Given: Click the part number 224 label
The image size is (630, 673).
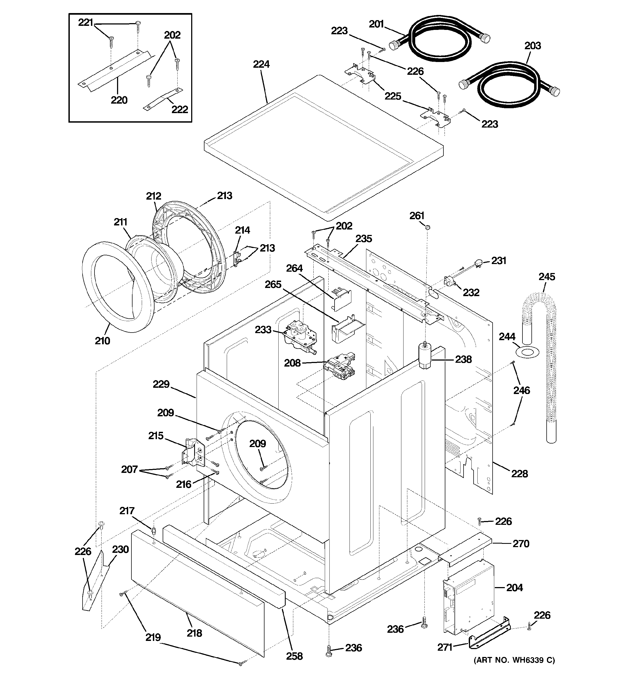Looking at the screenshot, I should (261, 64).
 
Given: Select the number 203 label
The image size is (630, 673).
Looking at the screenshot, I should (533, 46).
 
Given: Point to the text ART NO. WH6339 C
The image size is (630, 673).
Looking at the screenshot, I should (514, 660).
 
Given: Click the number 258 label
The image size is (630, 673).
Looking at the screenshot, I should (294, 656).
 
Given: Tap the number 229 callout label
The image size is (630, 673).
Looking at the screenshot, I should (161, 384).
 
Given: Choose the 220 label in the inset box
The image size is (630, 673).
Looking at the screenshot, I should (119, 100).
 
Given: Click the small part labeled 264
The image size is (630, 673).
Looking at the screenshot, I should (342, 299).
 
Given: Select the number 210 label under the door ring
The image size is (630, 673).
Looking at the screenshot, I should (102, 340).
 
